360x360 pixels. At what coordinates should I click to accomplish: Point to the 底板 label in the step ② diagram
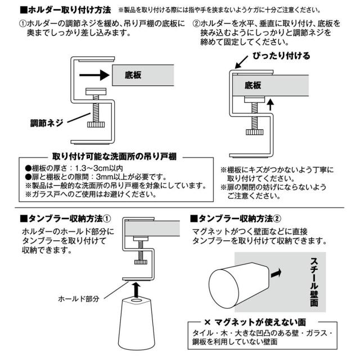coord(254,86)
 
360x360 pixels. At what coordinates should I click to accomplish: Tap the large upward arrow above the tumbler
coord(135,289)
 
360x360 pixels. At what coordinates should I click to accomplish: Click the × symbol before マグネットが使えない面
coord(207,322)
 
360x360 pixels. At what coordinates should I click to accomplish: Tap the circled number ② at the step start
coord(197,25)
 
